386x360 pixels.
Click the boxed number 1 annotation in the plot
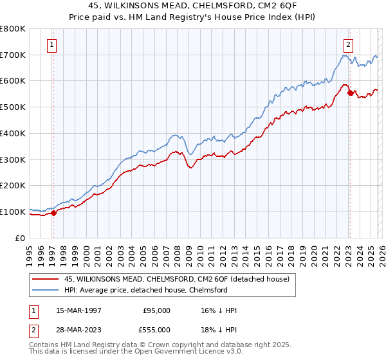coord(51,45)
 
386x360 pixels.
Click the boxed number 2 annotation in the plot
coord(348,45)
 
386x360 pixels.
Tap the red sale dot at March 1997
coord(53,213)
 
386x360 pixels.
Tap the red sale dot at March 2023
coord(350,93)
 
